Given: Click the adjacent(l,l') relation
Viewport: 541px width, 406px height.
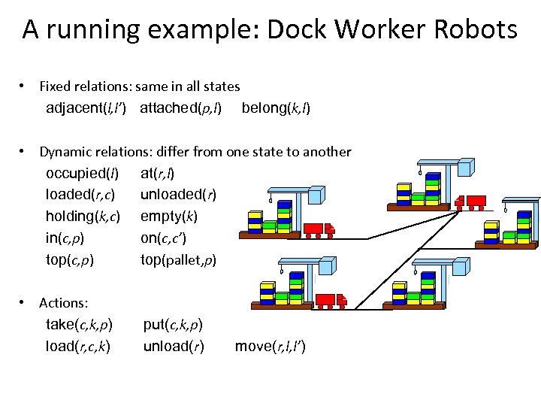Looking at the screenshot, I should tap(91, 108).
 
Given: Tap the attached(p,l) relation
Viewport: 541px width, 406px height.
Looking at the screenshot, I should tap(180, 108).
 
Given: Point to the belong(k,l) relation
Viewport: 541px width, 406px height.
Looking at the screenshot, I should tap(276, 108).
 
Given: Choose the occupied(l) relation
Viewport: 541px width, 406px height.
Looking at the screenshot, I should tap(82, 174).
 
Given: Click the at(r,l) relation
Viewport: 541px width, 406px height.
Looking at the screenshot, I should tap(157, 174).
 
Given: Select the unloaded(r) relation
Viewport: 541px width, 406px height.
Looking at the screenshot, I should tap(178, 195).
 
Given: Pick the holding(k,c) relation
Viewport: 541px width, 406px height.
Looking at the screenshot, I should tap(83, 217).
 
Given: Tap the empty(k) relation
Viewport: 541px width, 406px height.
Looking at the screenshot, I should tap(168, 217).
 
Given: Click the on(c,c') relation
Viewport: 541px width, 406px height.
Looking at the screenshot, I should tap(163, 238).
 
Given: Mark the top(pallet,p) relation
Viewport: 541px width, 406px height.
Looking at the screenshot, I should tap(178, 260).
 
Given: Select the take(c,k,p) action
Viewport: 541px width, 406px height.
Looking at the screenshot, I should tap(79, 325).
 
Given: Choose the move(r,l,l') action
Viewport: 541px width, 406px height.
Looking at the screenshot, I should tap(270, 347).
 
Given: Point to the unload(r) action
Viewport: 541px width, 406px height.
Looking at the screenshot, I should tap(174, 347).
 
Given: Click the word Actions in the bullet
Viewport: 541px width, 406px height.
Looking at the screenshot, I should tap(63, 303).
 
